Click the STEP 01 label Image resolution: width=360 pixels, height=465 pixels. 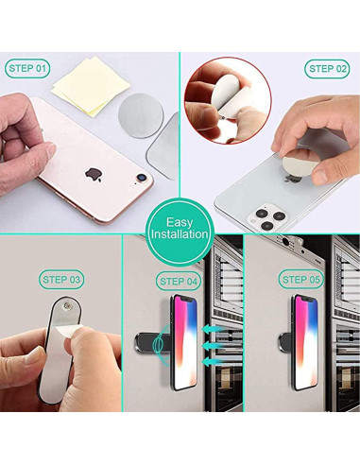[x=27, y=68]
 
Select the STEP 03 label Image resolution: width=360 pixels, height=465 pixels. [x=62, y=279]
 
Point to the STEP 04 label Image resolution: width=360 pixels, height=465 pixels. [x=180, y=282]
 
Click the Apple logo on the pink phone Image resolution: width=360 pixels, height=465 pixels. [x=93, y=174]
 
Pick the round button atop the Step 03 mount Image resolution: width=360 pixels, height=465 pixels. [x=68, y=307]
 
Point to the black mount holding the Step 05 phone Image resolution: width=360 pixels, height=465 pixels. [x=285, y=337]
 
